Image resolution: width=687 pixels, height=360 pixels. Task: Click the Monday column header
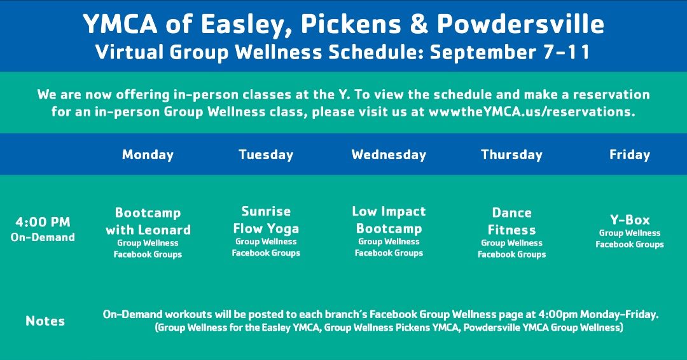coord(148,155)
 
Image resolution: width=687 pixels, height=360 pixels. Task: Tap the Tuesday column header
coord(266,155)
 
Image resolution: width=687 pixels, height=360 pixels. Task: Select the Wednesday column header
coord(389,155)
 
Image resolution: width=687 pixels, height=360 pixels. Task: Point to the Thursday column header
coord(511,155)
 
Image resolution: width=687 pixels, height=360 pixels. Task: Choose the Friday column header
coord(630,155)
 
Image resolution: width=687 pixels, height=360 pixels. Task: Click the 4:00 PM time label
coord(43,222)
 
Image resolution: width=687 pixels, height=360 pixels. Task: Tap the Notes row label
coord(45,321)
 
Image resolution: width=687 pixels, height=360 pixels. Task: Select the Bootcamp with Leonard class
coord(148,221)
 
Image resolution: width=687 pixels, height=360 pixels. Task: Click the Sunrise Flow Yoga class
coord(266,220)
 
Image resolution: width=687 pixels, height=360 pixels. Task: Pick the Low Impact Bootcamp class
coord(389,220)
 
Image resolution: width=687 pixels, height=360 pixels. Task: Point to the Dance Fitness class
coord(511,221)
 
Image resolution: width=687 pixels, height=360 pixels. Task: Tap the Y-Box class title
coord(630,220)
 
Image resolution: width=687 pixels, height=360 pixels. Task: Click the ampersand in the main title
coord(419,24)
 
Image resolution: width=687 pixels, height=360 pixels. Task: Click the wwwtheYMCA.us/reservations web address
coord(532,112)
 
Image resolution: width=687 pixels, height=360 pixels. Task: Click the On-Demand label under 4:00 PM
coord(43,237)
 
